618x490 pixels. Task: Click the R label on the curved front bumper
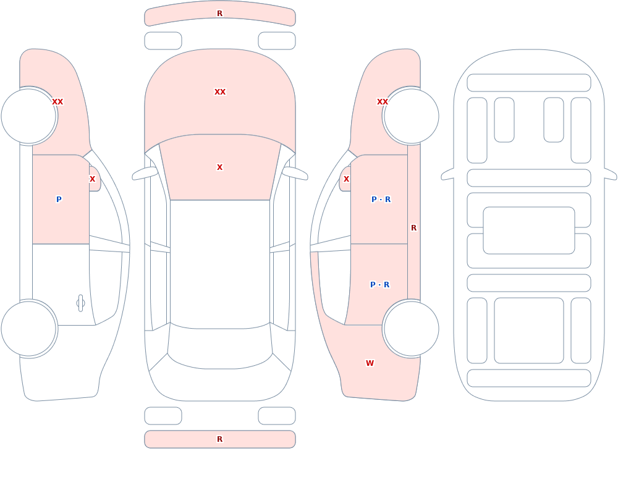(x=219, y=14)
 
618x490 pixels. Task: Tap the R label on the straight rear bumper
(x=219, y=439)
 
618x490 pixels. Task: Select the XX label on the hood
(x=220, y=92)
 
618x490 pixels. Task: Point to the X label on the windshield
(x=219, y=167)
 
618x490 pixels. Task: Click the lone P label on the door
(x=59, y=199)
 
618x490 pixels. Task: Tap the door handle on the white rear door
(x=80, y=303)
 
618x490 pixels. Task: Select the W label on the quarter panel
(x=370, y=363)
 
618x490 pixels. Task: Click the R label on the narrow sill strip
(x=413, y=228)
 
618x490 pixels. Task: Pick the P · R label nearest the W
(x=379, y=285)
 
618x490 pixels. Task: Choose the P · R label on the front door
(x=381, y=200)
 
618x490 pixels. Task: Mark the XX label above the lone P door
(x=57, y=102)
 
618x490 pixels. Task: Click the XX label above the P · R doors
(x=383, y=102)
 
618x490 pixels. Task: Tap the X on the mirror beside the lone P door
(x=92, y=179)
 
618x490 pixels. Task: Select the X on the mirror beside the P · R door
(x=346, y=179)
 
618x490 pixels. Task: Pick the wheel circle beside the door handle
(x=28, y=328)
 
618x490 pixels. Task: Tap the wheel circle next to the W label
(x=411, y=328)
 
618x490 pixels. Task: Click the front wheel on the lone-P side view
(x=28, y=116)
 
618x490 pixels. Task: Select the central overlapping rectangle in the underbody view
(x=529, y=230)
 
